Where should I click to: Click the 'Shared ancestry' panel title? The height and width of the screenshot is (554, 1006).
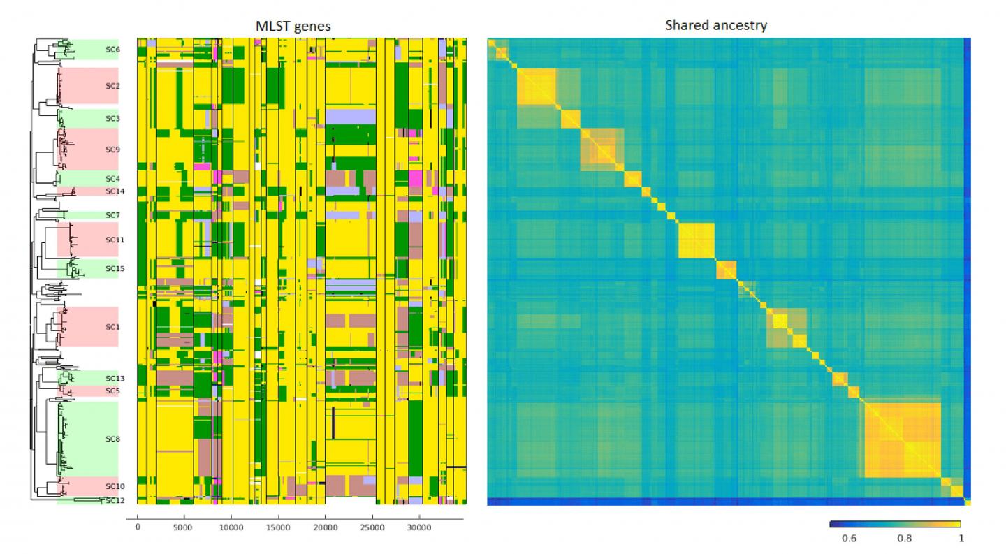727,26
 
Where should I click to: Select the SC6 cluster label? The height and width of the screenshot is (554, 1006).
112,50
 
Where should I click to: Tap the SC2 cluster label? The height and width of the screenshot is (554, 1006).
112,86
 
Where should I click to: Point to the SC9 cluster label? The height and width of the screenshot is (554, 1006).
112,149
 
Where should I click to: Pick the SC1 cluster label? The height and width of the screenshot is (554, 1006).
112,327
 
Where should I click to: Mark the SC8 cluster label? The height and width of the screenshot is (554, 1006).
112,439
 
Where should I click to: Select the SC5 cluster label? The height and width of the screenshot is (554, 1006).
112,391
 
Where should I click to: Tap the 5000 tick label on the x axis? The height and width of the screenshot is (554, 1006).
184,527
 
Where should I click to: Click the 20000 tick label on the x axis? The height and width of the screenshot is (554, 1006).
325,527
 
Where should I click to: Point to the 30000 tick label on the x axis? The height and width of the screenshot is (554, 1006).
419,527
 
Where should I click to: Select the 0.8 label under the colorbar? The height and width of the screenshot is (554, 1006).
904,539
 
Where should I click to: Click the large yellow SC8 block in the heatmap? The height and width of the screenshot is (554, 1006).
903,440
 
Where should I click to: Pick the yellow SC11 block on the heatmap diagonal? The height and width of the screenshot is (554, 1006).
697,240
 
